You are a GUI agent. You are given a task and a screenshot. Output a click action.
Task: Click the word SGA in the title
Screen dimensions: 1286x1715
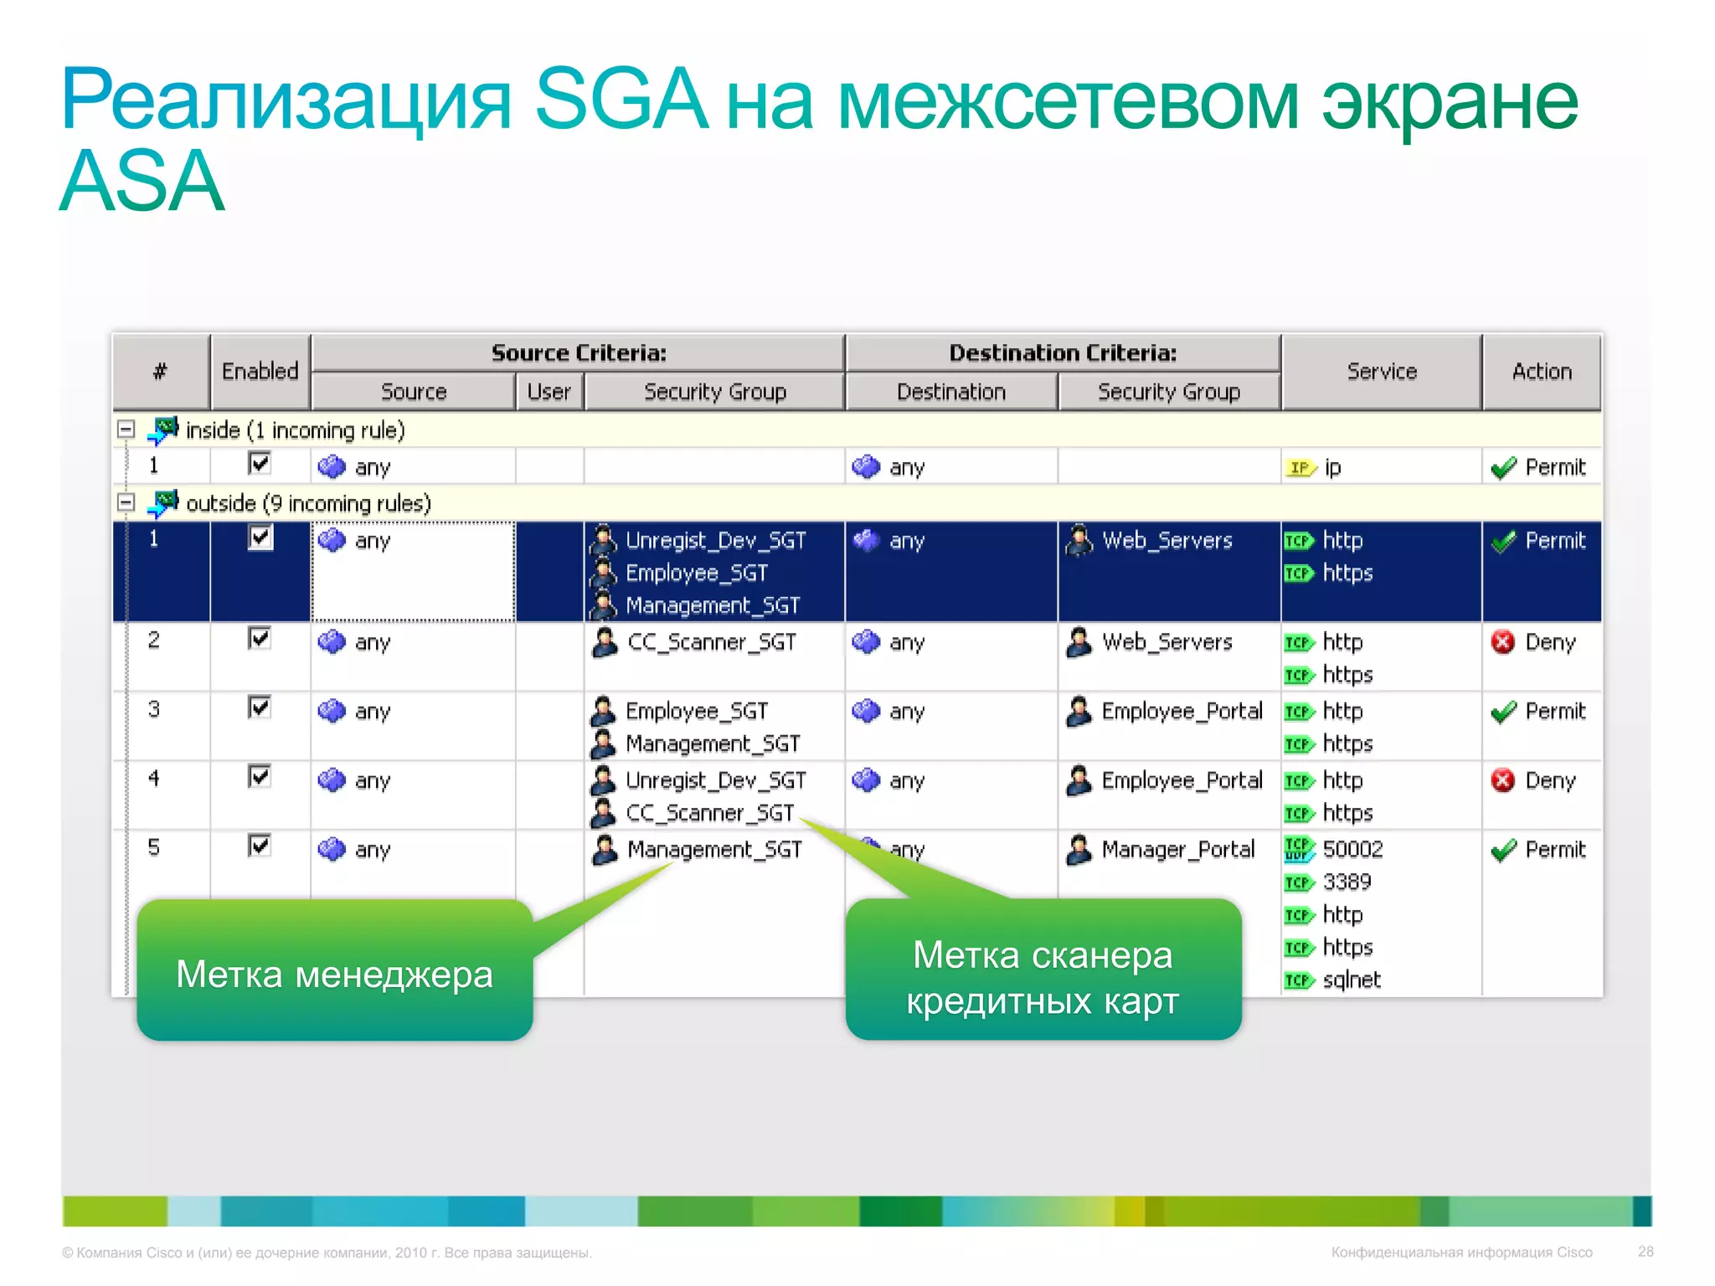pyautogui.click(x=621, y=100)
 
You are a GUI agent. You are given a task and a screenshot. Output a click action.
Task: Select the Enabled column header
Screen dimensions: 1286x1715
pyautogui.click(x=260, y=371)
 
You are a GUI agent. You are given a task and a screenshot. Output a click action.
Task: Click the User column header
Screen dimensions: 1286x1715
pyautogui.click(x=548, y=392)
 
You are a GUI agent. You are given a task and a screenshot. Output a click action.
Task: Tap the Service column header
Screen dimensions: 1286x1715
pyautogui.click(x=1381, y=371)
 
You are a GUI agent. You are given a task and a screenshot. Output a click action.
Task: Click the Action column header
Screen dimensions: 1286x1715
pyautogui.click(x=1541, y=371)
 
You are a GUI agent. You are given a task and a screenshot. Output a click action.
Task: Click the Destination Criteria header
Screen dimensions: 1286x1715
pyautogui.click(x=1062, y=352)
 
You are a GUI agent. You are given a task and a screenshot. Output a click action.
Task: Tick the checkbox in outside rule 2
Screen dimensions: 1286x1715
pyautogui.click(x=260, y=639)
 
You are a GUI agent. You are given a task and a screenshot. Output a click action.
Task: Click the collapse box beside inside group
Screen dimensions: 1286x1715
pyautogui.click(x=126, y=430)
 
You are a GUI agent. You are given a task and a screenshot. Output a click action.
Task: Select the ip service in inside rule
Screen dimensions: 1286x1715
pyautogui.click(x=1331, y=467)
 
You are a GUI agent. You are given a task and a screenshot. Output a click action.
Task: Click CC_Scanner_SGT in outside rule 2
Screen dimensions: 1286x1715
pyautogui.click(x=711, y=642)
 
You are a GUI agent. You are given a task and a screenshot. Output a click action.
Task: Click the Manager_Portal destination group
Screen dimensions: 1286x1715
pyautogui.click(x=1177, y=850)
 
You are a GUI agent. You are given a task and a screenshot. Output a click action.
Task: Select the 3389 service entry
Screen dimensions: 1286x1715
pyautogui.click(x=1346, y=882)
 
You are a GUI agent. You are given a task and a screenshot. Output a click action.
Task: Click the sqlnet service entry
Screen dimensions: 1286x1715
pyautogui.click(x=1351, y=980)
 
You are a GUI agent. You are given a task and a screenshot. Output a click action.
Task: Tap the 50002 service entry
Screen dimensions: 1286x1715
pyautogui.click(x=1352, y=850)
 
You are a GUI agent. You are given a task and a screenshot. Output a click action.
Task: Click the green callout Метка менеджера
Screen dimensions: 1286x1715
pyautogui.click(x=334, y=973)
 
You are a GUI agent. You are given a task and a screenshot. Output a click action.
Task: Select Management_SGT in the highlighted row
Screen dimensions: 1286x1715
pyautogui.click(x=713, y=605)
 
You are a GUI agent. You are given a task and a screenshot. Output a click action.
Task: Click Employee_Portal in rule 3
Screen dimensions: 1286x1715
pyautogui.click(x=1181, y=712)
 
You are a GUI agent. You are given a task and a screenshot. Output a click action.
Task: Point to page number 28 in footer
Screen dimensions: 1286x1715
pyautogui.click(x=1645, y=1252)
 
